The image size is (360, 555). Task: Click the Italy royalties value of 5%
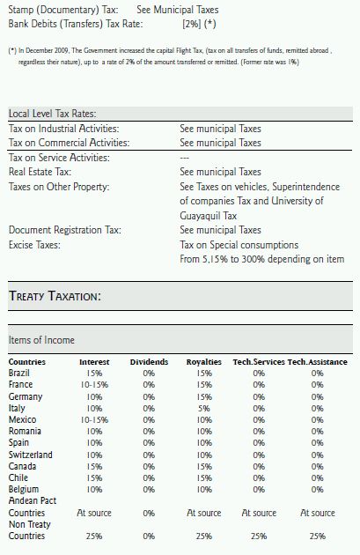204,408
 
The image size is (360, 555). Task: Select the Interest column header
94,362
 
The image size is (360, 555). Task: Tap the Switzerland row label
31,455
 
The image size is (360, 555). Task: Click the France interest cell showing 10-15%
94,385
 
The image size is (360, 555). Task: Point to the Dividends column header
149,362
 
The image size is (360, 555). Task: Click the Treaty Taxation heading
55,295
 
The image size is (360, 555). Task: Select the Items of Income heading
41,340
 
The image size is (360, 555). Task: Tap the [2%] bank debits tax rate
192,24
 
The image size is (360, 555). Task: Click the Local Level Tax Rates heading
52,114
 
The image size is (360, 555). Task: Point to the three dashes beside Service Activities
184,158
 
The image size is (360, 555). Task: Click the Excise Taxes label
34,245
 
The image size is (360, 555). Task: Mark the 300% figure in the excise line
253,259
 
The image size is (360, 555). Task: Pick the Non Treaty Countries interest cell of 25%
94,536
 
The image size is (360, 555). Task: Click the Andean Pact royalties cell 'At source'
204,513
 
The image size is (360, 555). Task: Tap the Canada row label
22,466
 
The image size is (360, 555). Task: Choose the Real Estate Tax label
40,172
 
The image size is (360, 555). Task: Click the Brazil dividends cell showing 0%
149,373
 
